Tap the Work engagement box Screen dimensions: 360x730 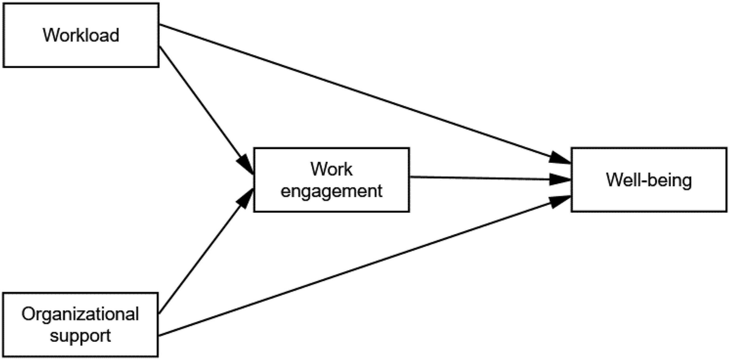click(x=332, y=179)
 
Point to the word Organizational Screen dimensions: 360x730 click(x=80, y=315)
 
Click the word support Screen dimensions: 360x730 click(x=80, y=335)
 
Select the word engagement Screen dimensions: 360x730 click(x=332, y=190)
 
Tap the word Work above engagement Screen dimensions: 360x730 click(x=332, y=168)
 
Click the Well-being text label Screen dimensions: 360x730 click(x=649, y=181)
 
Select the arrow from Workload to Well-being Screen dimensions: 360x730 click(x=365, y=94)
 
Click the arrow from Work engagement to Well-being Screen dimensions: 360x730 click(x=487, y=179)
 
